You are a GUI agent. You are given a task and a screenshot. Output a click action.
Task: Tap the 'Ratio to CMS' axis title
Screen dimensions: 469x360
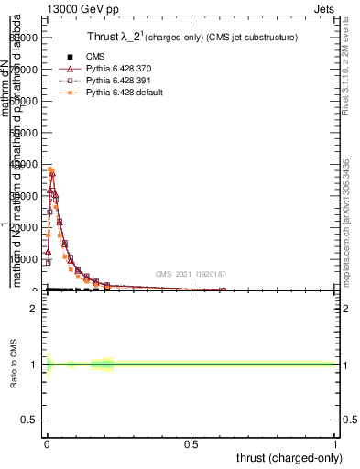coord(15,365)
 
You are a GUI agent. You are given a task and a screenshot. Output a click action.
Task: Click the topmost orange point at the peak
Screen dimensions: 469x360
coord(50,169)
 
